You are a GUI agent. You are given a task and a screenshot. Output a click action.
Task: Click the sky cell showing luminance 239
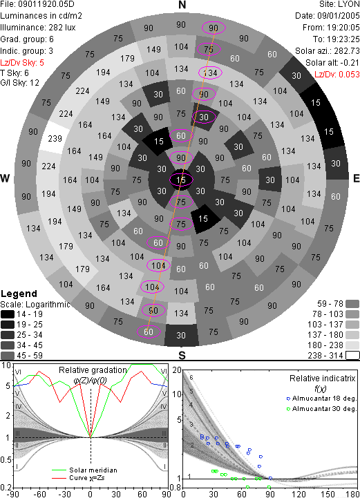[x=55, y=138]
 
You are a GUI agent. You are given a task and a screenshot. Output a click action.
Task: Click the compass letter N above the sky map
[x=182, y=5]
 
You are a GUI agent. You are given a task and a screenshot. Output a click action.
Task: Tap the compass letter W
[x=5, y=178]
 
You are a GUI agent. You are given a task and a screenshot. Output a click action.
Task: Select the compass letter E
[x=356, y=178]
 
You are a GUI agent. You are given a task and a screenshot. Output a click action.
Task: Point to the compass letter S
[x=182, y=355]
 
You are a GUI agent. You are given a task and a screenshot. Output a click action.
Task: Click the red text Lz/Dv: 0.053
[x=337, y=75]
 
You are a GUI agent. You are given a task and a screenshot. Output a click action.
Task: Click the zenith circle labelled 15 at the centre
[x=181, y=180]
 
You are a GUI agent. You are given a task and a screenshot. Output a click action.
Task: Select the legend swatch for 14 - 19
[x=8, y=314]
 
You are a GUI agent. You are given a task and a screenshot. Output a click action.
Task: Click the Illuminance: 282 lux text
[x=38, y=28]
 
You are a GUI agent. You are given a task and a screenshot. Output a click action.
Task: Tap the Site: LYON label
[x=339, y=4]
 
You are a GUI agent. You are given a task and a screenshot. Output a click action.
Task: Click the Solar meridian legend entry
[x=84, y=470]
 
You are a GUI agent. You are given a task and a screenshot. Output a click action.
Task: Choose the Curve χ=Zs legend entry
[x=78, y=478]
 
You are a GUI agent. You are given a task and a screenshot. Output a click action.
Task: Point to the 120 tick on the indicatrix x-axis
[x=299, y=494]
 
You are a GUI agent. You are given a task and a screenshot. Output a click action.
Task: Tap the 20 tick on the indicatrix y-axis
[x=177, y=370]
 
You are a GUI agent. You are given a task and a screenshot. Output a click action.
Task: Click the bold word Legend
[x=19, y=294]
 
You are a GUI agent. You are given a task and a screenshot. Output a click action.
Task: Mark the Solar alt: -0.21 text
[x=332, y=63]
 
